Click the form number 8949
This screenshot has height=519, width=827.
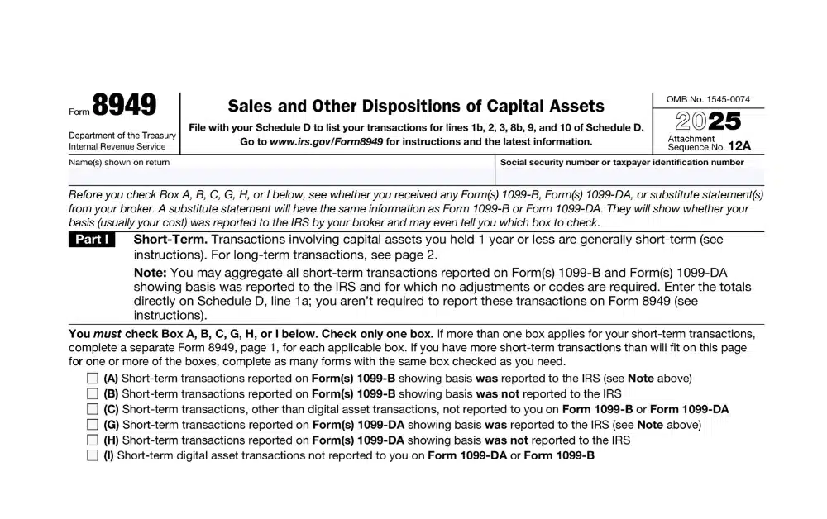124,106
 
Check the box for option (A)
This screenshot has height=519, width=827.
92,379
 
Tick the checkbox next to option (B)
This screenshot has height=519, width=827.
92,394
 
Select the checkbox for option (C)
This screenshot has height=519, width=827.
92,409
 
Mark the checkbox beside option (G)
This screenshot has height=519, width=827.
92,425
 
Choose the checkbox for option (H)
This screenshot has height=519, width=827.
92,440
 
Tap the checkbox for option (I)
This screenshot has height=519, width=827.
92,455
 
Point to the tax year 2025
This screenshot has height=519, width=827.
709,121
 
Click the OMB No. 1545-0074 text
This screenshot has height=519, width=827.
708,99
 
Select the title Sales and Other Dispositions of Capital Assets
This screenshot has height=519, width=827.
415,106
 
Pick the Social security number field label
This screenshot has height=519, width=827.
622,163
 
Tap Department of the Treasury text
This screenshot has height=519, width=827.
122,136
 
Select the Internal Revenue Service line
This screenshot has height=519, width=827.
117,147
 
